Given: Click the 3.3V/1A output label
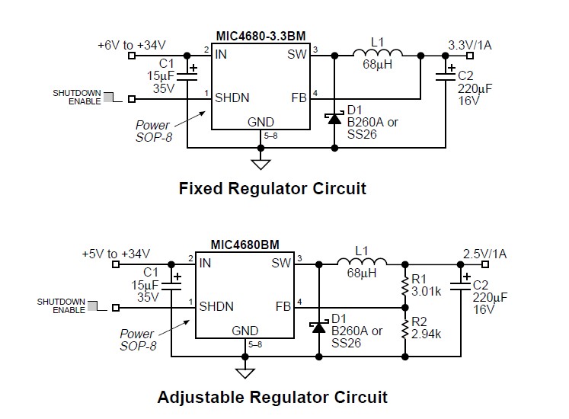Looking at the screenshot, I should coord(470,45).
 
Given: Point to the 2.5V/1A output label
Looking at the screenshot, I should coord(485,254).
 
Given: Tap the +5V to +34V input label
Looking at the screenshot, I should coord(117,254).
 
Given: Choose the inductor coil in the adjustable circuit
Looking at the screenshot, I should coord(363,264).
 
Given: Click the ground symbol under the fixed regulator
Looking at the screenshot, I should coord(261,162).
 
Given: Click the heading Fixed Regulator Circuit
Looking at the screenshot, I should coord(273,188).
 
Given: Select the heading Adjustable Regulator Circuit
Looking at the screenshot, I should coord(273,397).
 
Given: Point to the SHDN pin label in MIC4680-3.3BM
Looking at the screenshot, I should coord(232,98).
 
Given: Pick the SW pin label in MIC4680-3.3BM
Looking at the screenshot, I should coord(297,55).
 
